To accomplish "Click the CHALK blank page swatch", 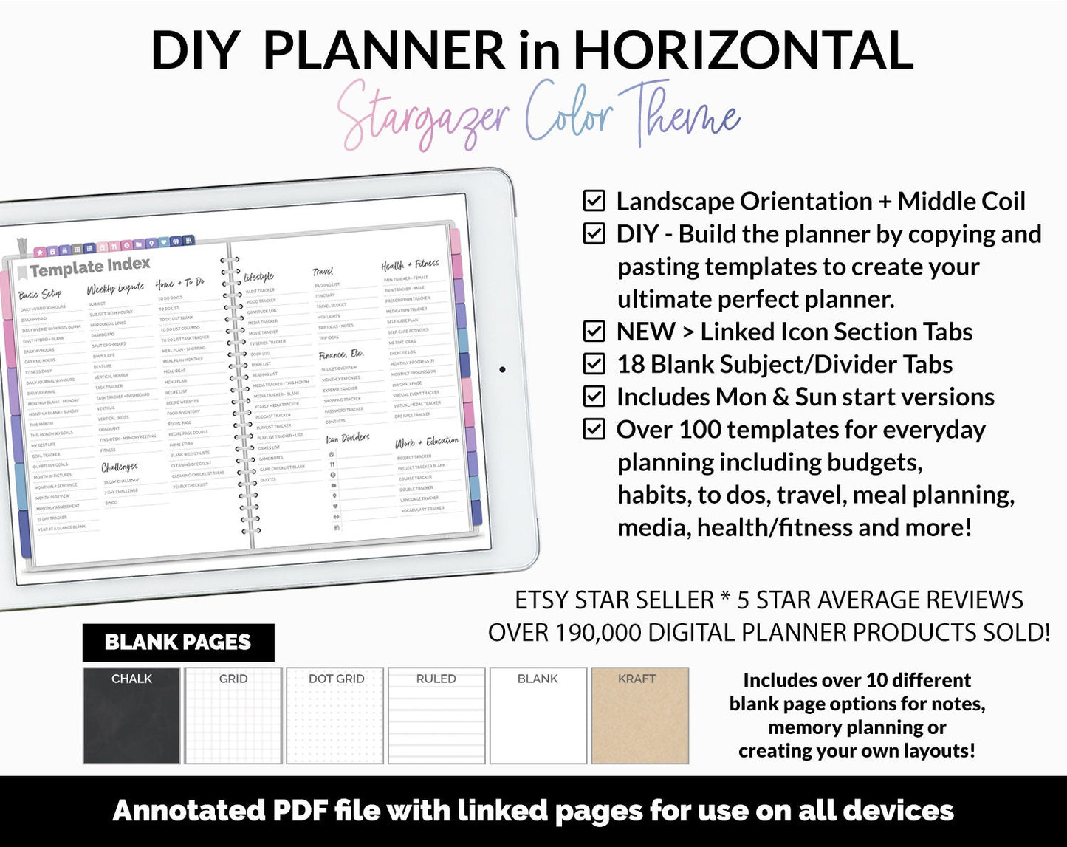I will point(131,715).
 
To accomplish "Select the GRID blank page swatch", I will point(233,715).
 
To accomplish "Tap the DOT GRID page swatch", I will point(336,715).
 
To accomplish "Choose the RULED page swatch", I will point(436,715).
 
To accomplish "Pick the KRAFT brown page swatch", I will point(639,715).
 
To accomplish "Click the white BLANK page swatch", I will point(538,715).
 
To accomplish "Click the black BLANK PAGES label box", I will point(178,642).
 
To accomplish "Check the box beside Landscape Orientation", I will point(594,201).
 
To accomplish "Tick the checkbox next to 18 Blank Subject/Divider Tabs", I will point(594,364).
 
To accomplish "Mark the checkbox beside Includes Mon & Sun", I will point(594,397).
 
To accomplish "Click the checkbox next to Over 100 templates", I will point(594,429).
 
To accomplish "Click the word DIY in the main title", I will point(195,50).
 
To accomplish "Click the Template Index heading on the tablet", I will point(89,267).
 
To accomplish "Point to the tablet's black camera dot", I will point(502,369).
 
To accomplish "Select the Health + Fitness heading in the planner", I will point(410,264).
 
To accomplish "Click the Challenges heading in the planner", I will point(120,467).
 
